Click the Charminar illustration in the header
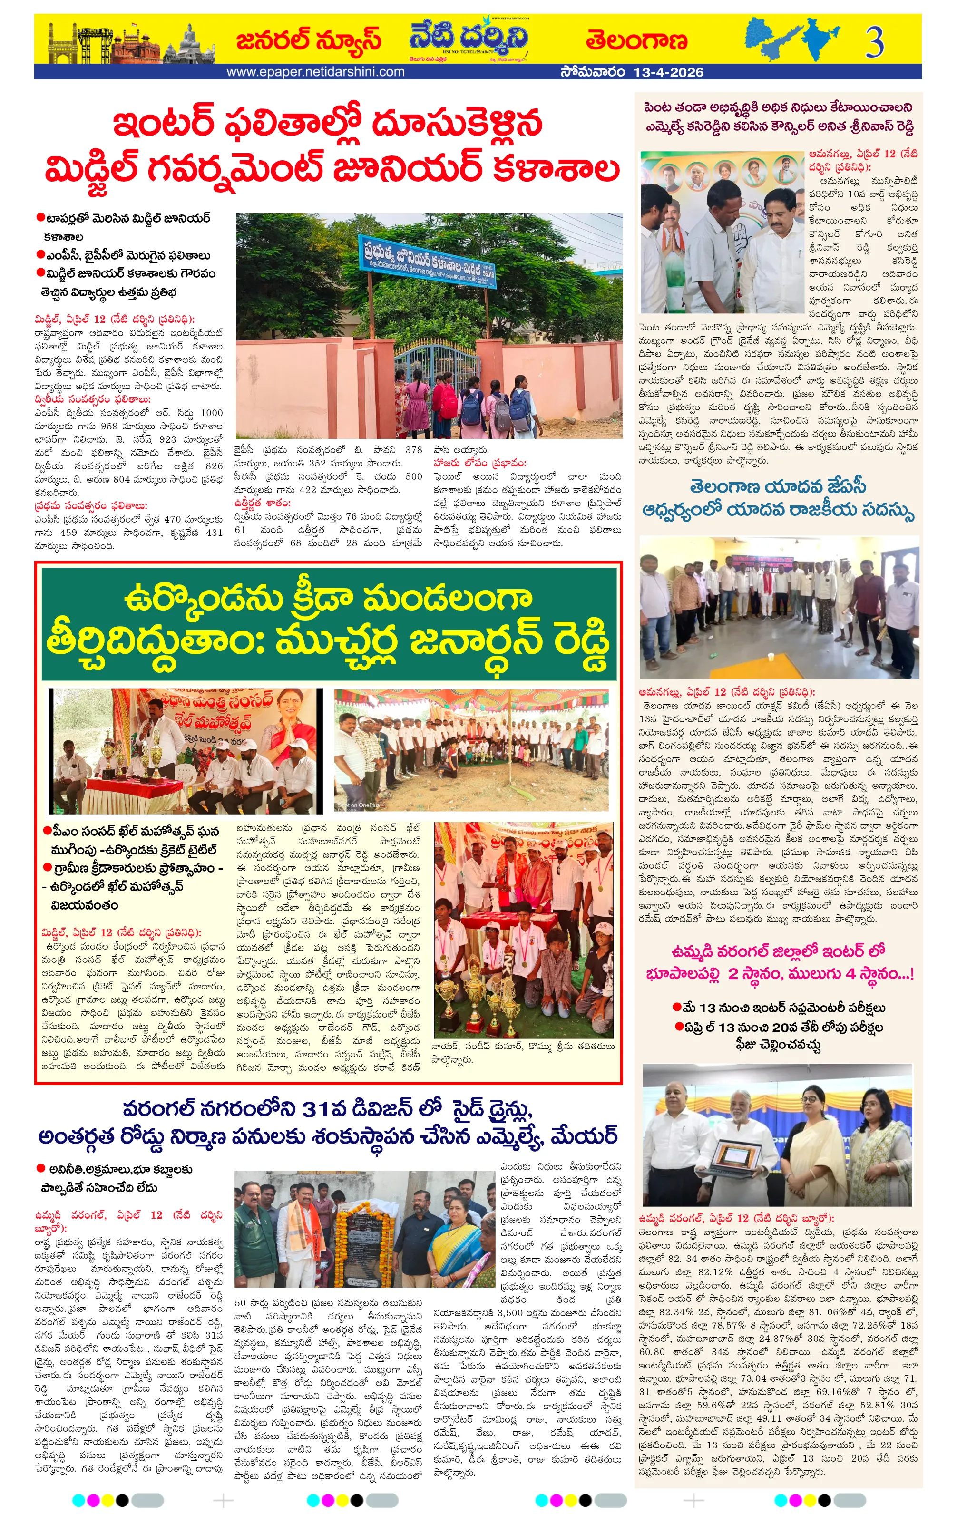click(62, 46)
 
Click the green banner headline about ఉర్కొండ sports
click(328, 623)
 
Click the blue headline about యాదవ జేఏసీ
click(778, 498)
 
